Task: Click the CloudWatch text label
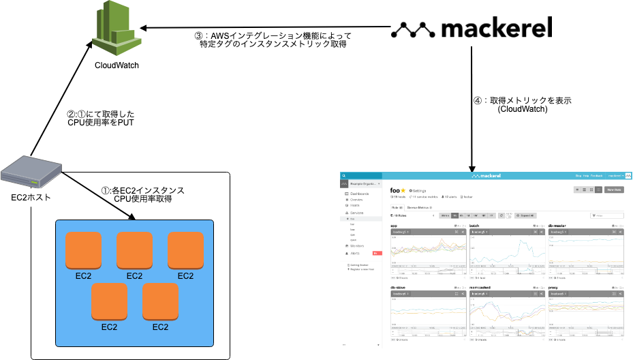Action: click(x=117, y=65)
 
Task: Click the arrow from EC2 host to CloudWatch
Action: click(x=61, y=95)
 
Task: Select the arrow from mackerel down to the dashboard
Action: click(x=472, y=109)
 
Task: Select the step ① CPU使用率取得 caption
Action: click(x=142, y=195)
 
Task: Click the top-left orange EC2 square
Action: click(x=83, y=250)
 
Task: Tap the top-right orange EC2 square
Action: click(x=185, y=250)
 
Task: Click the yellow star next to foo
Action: click(x=403, y=190)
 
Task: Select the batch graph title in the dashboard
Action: click(x=474, y=225)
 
